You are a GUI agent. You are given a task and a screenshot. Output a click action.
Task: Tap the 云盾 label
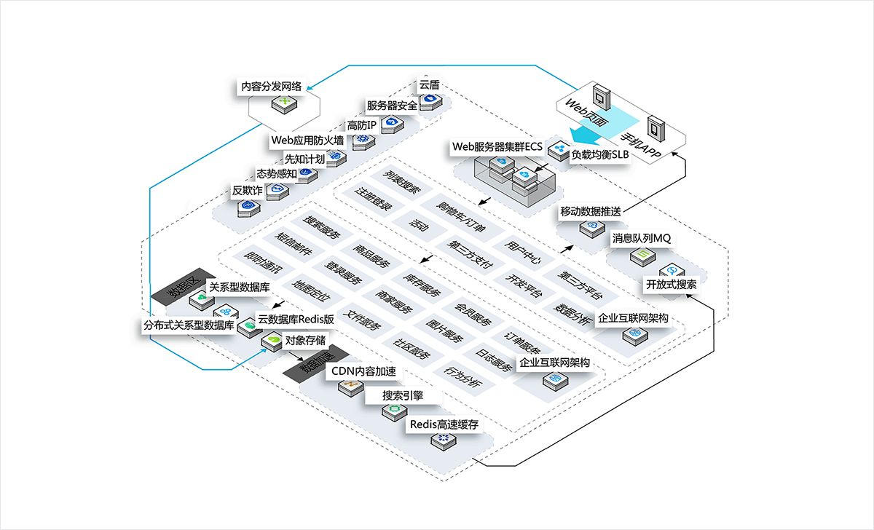(x=428, y=84)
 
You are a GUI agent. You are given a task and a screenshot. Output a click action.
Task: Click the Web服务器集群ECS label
(x=497, y=146)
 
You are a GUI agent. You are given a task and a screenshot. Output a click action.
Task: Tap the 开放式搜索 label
(x=671, y=284)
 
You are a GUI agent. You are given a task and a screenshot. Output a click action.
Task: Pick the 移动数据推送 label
(x=590, y=212)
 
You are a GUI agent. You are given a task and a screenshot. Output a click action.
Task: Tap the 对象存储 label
(x=305, y=339)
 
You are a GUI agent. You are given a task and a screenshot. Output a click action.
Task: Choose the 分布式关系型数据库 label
(x=189, y=325)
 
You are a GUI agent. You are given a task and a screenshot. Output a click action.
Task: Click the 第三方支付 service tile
(x=466, y=254)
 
